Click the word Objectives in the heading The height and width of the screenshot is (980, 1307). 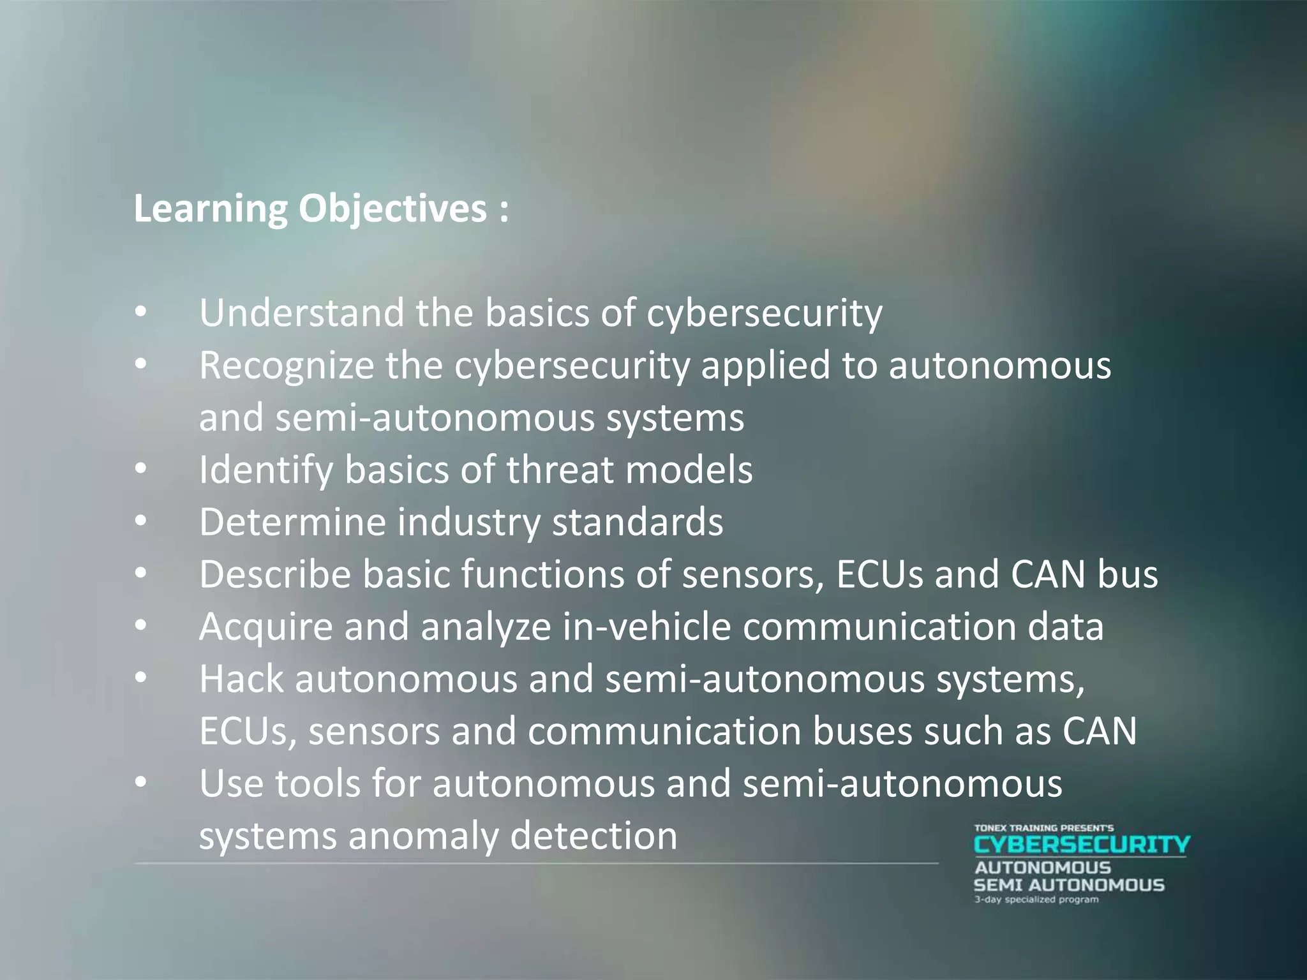(x=392, y=209)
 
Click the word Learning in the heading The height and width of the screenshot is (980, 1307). (x=211, y=209)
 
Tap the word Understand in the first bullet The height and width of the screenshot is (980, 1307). (x=301, y=313)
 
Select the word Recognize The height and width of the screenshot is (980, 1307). (x=286, y=366)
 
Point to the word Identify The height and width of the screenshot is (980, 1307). (x=265, y=470)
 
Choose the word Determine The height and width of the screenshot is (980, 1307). (x=292, y=523)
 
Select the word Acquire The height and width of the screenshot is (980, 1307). (x=266, y=627)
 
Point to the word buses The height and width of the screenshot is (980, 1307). (x=862, y=732)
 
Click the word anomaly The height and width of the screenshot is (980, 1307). (x=422, y=836)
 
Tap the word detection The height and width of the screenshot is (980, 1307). (x=594, y=836)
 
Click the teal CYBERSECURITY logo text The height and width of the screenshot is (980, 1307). (x=1082, y=845)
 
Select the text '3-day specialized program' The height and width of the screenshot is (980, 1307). (x=1036, y=900)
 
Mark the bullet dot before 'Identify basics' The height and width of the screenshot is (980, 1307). (x=141, y=469)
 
